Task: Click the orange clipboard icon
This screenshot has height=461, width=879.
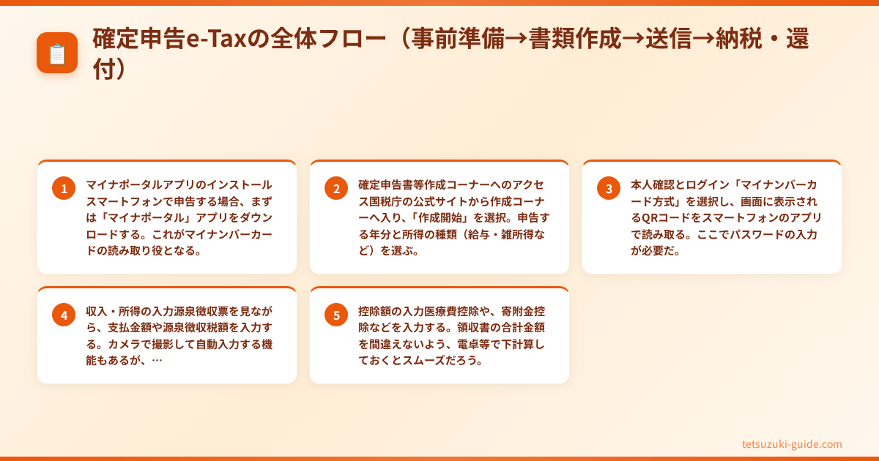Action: pyautogui.click(x=57, y=53)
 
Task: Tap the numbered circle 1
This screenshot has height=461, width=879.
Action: pyautogui.click(x=64, y=189)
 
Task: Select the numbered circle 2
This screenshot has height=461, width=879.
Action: pyautogui.click(x=336, y=189)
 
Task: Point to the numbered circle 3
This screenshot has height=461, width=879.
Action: pyautogui.click(x=609, y=189)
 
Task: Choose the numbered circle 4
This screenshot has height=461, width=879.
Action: pyautogui.click(x=64, y=315)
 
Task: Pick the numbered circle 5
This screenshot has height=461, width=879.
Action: pyautogui.click(x=336, y=315)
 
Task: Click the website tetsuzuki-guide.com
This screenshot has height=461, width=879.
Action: pyautogui.click(x=792, y=444)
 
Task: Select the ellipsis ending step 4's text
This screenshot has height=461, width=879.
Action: pyautogui.click(x=157, y=361)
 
